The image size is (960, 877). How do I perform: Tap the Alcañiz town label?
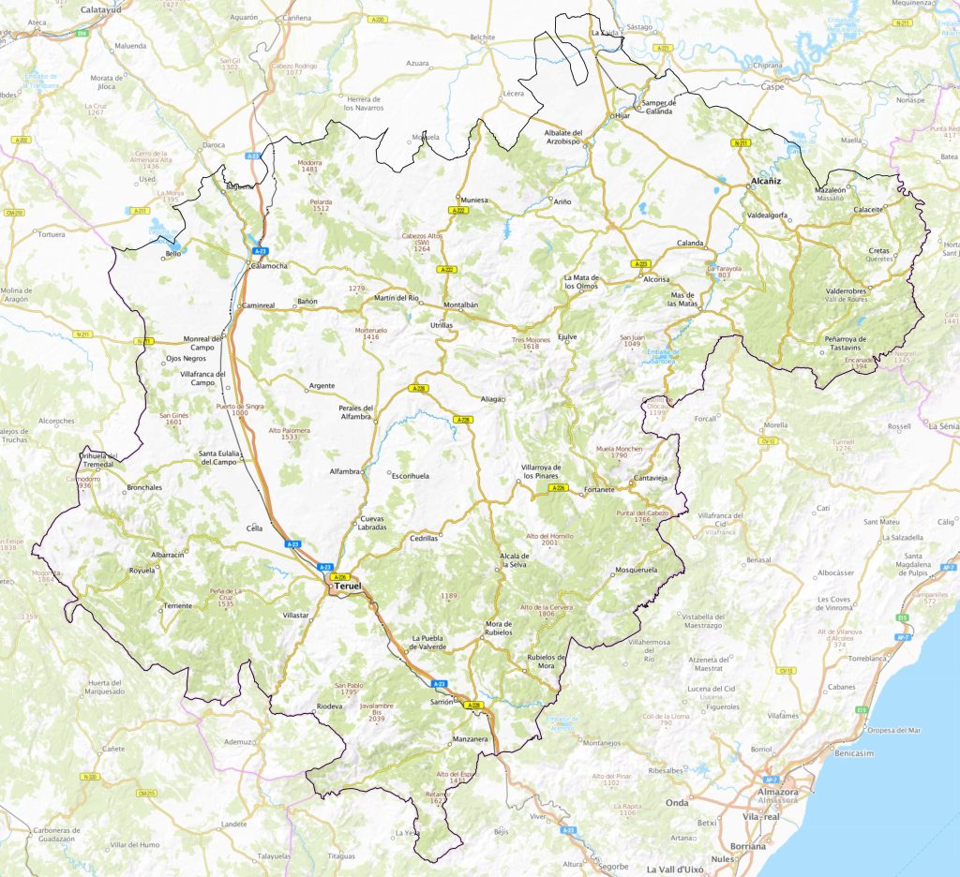[x=767, y=179]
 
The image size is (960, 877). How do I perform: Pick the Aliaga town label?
[x=491, y=398]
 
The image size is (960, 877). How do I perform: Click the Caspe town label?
[x=772, y=86]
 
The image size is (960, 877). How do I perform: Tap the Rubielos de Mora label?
[x=547, y=661]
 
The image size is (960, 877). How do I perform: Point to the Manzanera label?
[x=471, y=740]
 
